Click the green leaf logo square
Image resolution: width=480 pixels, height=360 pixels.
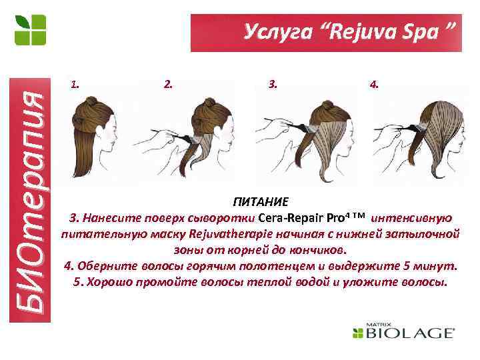tap(31, 31)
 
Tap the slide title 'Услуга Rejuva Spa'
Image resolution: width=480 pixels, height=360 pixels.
tap(349, 31)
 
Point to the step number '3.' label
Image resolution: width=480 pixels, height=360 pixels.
tap(273, 85)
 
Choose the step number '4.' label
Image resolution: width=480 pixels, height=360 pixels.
tap(375, 85)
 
